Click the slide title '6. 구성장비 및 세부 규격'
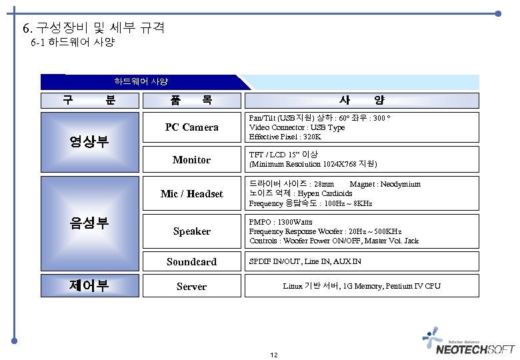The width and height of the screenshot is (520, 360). pos(93,28)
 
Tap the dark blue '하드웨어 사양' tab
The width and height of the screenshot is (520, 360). pos(141,81)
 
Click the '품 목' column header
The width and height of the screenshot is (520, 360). pos(191,101)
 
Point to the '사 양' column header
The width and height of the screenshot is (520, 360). pos(361,101)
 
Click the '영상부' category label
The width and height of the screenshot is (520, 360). pos(89,141)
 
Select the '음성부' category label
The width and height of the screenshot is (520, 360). pos(89,223)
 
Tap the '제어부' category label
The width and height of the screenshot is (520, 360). pos(89,286)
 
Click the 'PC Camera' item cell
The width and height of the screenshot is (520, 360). pos(191,127)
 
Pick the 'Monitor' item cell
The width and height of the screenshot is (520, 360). pos(191,160)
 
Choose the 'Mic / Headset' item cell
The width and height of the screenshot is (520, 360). pos(191,194)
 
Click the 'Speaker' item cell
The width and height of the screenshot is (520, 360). pos(191,231)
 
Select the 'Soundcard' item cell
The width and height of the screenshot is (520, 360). pos(191,261)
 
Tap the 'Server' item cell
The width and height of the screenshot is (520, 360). pos(191,287)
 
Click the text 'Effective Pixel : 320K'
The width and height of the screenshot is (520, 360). pos(285,137)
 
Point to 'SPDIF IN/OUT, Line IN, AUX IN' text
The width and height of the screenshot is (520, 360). pos(305,261)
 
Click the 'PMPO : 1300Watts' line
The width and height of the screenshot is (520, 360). pos(281,222)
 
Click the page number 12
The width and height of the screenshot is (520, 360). pos(274,355)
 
